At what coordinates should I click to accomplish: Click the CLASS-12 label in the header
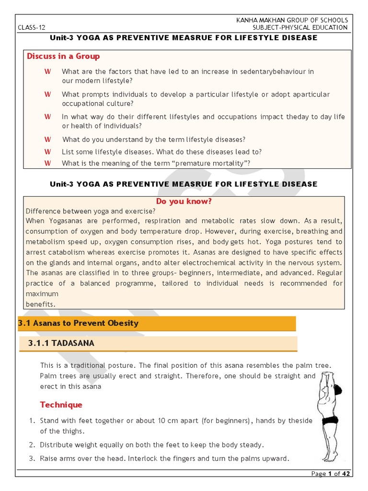[x=31, y=28]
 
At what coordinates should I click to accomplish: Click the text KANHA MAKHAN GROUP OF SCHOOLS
[x=292, y=20]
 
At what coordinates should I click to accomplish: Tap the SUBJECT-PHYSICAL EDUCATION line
[x=300, y=28]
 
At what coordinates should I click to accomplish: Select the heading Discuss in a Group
[x=63, y=57]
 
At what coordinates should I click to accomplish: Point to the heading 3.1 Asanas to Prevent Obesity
[x=78, y=323]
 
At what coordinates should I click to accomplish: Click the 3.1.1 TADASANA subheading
[x=61, y=343]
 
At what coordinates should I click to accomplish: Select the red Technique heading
[x=61, y=405]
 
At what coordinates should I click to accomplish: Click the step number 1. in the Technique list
[x=32, y=421]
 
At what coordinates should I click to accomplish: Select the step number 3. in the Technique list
[x=32, y=458]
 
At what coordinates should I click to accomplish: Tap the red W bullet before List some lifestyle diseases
[x=47, y=152]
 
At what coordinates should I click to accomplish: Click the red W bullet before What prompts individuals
[x=47, y=94]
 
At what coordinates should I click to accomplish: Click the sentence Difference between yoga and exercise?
[x=91, y=211]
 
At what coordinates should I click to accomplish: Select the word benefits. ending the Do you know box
[x=41, y=304]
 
